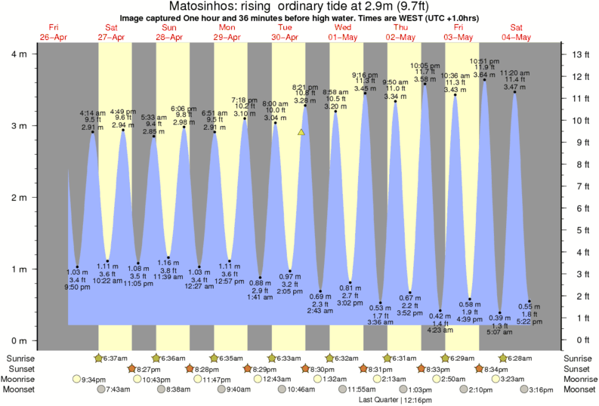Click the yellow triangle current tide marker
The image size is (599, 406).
301,132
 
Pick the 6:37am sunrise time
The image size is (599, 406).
116,358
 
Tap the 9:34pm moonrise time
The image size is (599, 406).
94,379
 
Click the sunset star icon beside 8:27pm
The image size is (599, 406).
131,368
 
